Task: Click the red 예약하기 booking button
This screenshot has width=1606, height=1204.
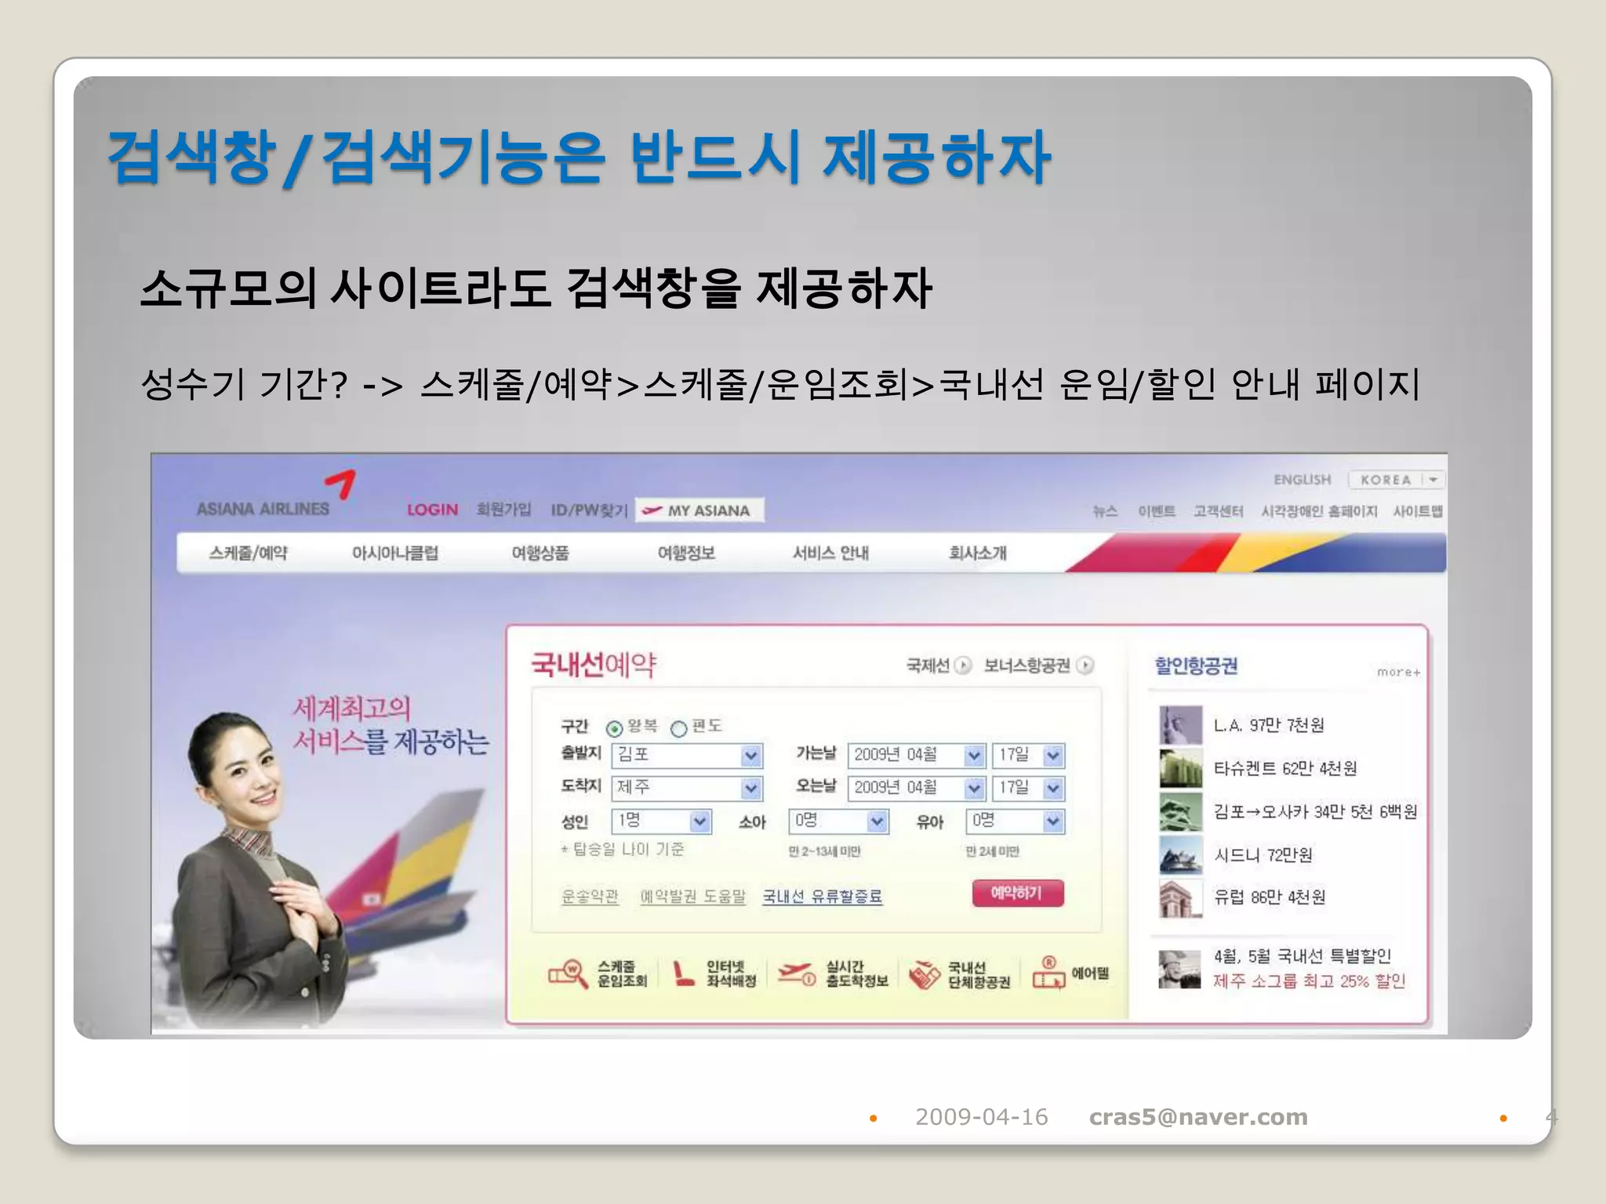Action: [x=1018, y=893]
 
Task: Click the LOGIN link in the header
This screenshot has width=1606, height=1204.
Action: [x=432, y=510]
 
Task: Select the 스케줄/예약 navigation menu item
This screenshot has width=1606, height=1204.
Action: [x=248, y=553]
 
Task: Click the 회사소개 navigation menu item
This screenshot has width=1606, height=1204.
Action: [x=977, y=553]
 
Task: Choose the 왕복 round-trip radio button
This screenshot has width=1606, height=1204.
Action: [x=615, y=728]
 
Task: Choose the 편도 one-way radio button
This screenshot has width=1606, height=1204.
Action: [x=679, y=728]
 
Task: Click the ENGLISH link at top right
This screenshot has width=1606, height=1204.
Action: [x=1302, y=480]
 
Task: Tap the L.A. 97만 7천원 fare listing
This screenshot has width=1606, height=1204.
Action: [x=1268, y=725]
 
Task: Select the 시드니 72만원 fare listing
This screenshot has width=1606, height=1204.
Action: [x=1263, y=854]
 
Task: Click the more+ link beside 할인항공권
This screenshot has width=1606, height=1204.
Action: [x=1398, y=672]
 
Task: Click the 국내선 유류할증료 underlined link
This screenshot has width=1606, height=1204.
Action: [x=822, y=896]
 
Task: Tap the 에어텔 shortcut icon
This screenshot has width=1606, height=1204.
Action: [x=1070, y=973]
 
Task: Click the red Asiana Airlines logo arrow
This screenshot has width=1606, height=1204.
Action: [x=342, y=483]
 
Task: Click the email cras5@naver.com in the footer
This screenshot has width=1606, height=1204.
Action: [x=1197, y=1117]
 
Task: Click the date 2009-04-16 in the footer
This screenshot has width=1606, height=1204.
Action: [x=981, y=1117]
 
